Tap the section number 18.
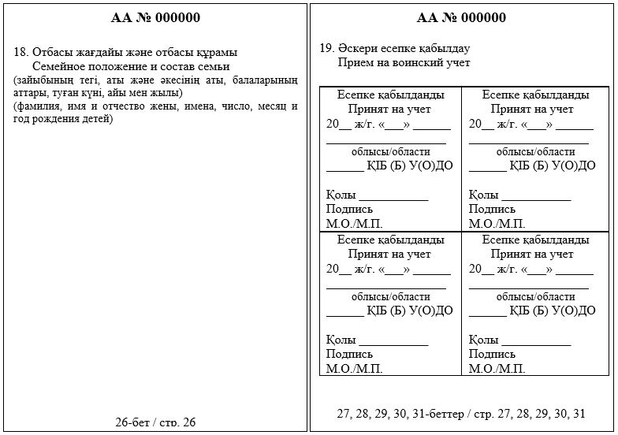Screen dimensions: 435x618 tap(21, 52)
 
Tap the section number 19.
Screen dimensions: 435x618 tap(326, 48)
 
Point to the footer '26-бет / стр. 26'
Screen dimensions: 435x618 tap(155, 422)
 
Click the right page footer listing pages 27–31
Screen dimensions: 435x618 tap(460, 413)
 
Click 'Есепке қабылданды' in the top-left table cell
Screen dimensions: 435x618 tap(389, 95)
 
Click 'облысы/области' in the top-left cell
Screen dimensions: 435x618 tap(390, 152)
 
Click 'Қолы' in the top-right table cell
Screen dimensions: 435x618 tap(484, 195)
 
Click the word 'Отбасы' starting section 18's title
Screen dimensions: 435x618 tap(50, 52)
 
